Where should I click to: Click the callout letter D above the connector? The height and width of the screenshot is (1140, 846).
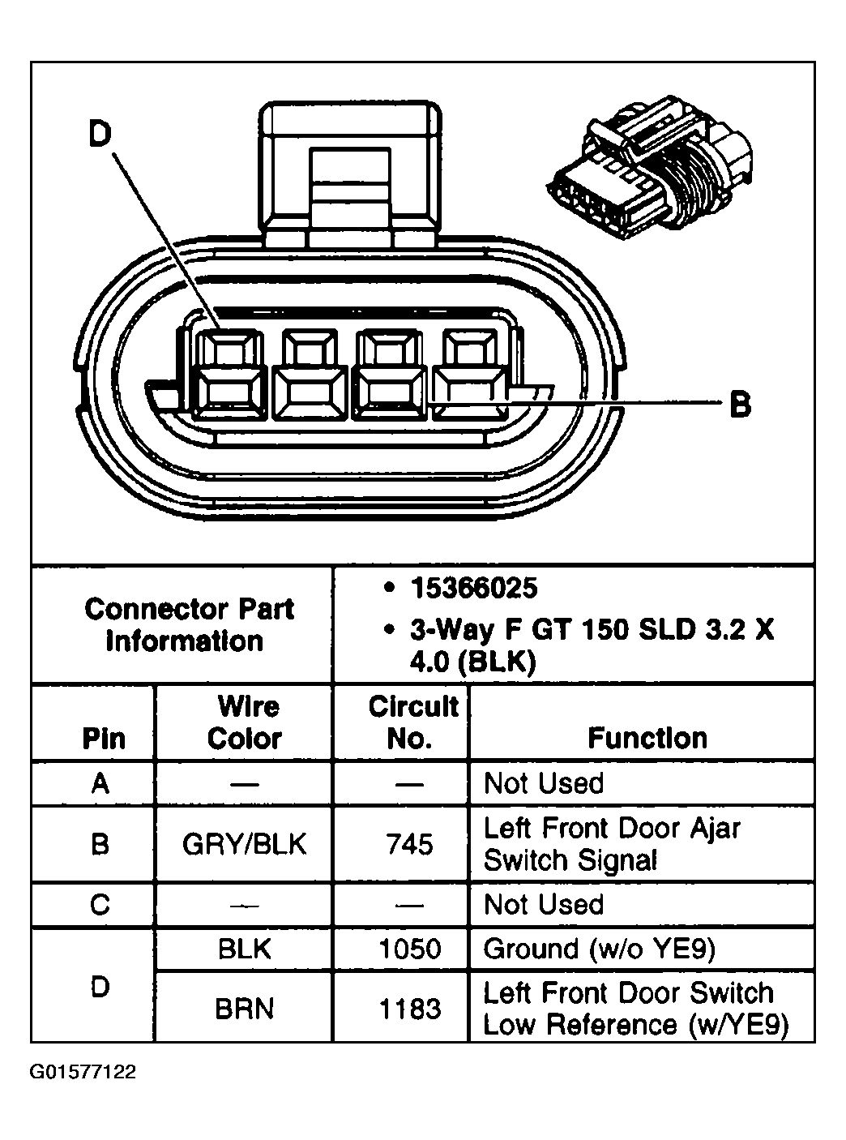[99, 135]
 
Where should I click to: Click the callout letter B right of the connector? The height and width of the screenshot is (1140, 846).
[740, 403]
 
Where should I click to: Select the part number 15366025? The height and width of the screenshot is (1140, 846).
[473, 588]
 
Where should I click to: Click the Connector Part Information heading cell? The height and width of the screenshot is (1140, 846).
[188, 624]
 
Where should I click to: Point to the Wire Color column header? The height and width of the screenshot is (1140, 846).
[245, 722]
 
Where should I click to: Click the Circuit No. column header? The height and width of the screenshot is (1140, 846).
[412, 722]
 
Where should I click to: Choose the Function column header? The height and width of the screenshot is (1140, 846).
[647, 738]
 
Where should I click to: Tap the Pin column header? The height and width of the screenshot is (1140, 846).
[104, 738]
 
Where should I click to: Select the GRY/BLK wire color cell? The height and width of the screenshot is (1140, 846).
[245, 844]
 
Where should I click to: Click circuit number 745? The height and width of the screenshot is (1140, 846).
[410, 844]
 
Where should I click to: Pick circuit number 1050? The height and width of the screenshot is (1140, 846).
[410, 949]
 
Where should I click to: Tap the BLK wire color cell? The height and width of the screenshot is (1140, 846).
[245, 949]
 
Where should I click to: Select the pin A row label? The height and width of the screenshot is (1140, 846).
[100, 783]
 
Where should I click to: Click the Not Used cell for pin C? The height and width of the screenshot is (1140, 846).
[544, 904]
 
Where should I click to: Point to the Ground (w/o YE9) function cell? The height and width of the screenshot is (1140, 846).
[599, 949]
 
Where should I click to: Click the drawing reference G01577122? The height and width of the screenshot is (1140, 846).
[83, 1072]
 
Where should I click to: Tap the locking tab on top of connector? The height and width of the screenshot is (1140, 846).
[352, 174]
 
